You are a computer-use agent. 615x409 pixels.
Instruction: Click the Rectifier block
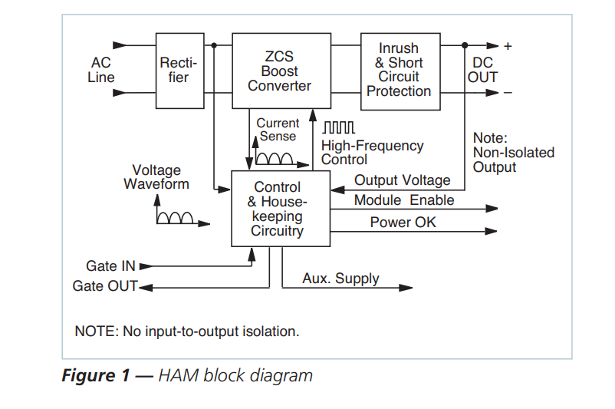[179, 71]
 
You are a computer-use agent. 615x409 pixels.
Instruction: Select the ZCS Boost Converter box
[279, 71]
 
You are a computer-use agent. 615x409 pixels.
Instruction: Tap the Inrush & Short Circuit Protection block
[400, 71]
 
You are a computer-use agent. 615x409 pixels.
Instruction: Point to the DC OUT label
[482, 71]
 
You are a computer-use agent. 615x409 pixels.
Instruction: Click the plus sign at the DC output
[508, 46]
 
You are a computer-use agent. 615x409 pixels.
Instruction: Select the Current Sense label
[278, 130]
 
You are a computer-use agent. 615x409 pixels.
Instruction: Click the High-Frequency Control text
[372, 153]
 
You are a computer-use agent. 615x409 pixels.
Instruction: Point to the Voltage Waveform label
[156, 177]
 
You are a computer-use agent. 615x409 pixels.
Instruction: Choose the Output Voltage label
[402, 180]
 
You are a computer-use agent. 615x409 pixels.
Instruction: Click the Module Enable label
[404, 200]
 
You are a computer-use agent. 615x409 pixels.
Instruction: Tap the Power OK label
[403, 223]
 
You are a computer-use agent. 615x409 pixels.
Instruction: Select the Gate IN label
[110, 266]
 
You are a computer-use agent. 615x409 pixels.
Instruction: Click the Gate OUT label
[105, 286]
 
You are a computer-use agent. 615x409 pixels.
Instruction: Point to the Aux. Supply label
[340, 279]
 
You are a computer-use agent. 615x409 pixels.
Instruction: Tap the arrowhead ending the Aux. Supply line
[407, 288]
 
